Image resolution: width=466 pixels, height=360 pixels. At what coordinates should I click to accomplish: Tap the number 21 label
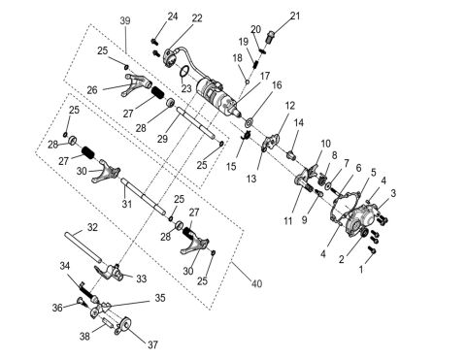(x=295, y=15)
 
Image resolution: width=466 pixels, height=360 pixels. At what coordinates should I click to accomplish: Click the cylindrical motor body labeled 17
(x=216, y=97)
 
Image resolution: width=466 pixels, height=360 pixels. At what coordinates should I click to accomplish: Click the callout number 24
(x=172, y=16)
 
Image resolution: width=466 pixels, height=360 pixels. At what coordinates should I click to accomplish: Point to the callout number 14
(x=299, y=122)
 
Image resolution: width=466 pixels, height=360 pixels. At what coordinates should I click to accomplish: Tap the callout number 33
(x=142, y=278)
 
